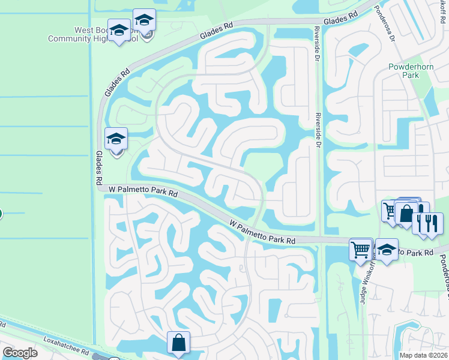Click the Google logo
pyautogui.click(x=20, y=353)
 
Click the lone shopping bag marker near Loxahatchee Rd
pyautogui.click(x=179, y=344)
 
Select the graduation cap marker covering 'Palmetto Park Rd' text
pyautogui.click(x=387, y=251)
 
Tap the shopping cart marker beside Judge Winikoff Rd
pyautogui.click(x=360, y=249)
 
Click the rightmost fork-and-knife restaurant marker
pyautogui.click(x=432, y=224)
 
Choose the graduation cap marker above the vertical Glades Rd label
pyautogui.click(x=116, y=140)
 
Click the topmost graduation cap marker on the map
pyautogui.click(x=144, y=20)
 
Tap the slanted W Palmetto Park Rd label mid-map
pyautogui.click(x=262, y=231)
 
